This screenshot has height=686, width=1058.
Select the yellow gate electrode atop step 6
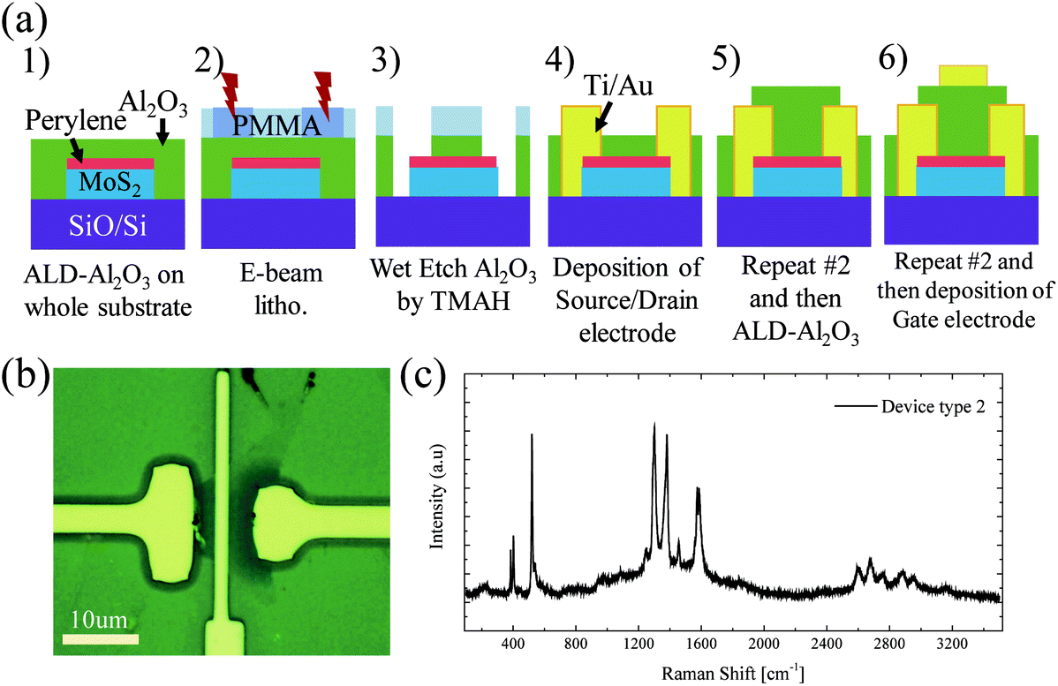(x=962, y=76)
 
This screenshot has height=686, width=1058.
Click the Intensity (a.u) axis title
(x=437, y=501)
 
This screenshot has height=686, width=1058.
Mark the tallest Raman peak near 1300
(x=654, y=426)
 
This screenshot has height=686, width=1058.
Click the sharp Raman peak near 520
(x=532, y=435)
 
